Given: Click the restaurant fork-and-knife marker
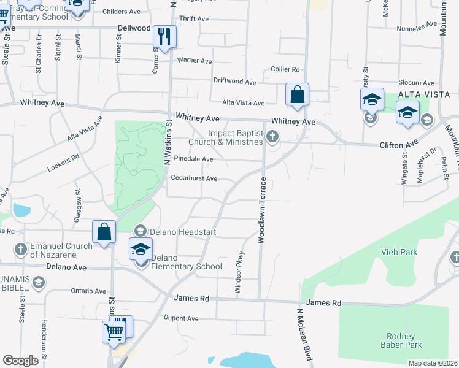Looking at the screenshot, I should tap(164, 36).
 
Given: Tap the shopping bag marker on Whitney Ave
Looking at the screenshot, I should tap(297, 95).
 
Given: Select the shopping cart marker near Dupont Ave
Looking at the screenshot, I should tap(114, 332).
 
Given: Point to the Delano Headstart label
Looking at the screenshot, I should tap(178, 232).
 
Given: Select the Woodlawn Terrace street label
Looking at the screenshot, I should tap(261, 210).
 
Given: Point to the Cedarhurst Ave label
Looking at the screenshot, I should tap(194, 178).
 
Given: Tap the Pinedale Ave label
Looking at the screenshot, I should tap(193, 159).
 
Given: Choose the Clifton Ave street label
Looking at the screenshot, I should tap(398, 145).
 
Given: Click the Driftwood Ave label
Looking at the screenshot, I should tap(234, 81).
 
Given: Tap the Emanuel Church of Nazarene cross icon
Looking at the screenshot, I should tap(20, 249).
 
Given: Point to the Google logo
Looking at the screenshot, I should tap(21, 360).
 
